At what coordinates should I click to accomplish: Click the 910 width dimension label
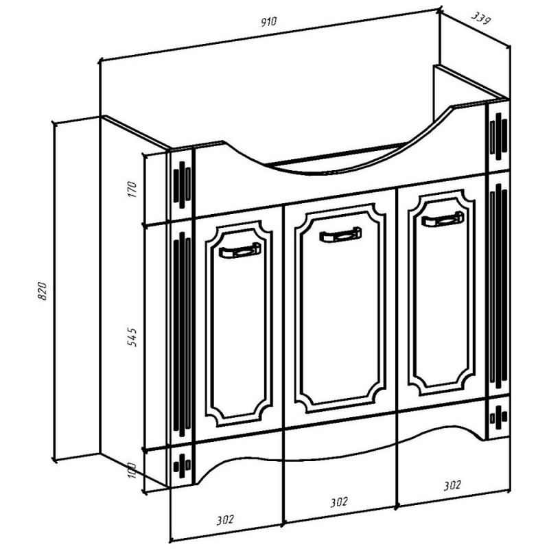point(269,22)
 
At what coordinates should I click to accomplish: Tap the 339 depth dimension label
point(481,19)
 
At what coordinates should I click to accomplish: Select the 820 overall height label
point(42,290)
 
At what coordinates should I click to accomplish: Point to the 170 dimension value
point(132,189)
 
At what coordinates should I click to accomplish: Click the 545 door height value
point(132,337)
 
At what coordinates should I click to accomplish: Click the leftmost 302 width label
point(225,519)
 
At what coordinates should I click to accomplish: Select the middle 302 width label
point(338,502)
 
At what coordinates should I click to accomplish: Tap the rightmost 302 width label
point(452,485)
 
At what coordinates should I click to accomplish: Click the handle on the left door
point(240,250)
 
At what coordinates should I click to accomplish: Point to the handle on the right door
point(442,219)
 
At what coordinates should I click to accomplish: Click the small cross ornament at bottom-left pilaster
point(182,466)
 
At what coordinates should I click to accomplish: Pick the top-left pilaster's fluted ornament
point(182,185)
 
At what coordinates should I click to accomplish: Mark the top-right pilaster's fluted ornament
point(499,136)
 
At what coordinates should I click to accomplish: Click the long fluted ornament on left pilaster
point(182,334)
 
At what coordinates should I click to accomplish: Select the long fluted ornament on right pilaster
point(499,286)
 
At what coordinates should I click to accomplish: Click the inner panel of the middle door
point(340,308)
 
